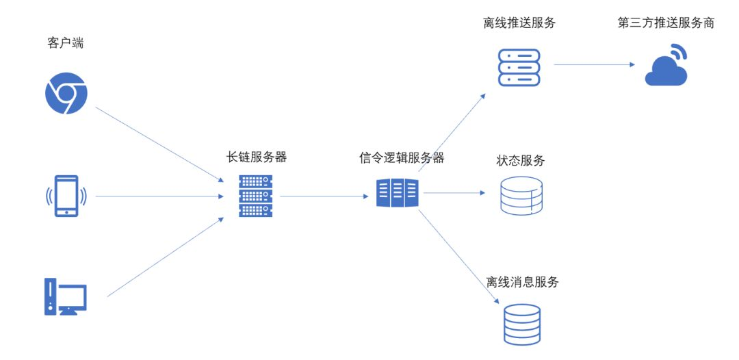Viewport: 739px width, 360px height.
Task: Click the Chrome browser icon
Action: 66,93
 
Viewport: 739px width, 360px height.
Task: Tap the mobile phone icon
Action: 66,196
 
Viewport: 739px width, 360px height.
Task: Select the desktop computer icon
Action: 66,296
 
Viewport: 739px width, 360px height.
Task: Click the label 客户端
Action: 66,44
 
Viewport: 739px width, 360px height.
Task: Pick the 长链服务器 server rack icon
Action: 256,196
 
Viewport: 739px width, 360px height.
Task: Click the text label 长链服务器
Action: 256,157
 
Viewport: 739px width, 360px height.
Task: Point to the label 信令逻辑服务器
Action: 402,158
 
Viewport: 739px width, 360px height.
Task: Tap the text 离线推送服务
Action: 519,23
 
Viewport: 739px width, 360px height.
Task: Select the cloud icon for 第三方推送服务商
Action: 666,67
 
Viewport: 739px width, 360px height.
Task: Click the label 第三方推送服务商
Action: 666,23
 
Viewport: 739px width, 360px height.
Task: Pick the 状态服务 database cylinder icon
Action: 521,195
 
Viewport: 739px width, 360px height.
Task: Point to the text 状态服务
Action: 521,162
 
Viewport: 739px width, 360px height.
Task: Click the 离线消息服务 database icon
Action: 521,324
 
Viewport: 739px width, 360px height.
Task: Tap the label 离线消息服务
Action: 522,282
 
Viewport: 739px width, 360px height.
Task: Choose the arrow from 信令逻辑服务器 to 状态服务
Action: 454,193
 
